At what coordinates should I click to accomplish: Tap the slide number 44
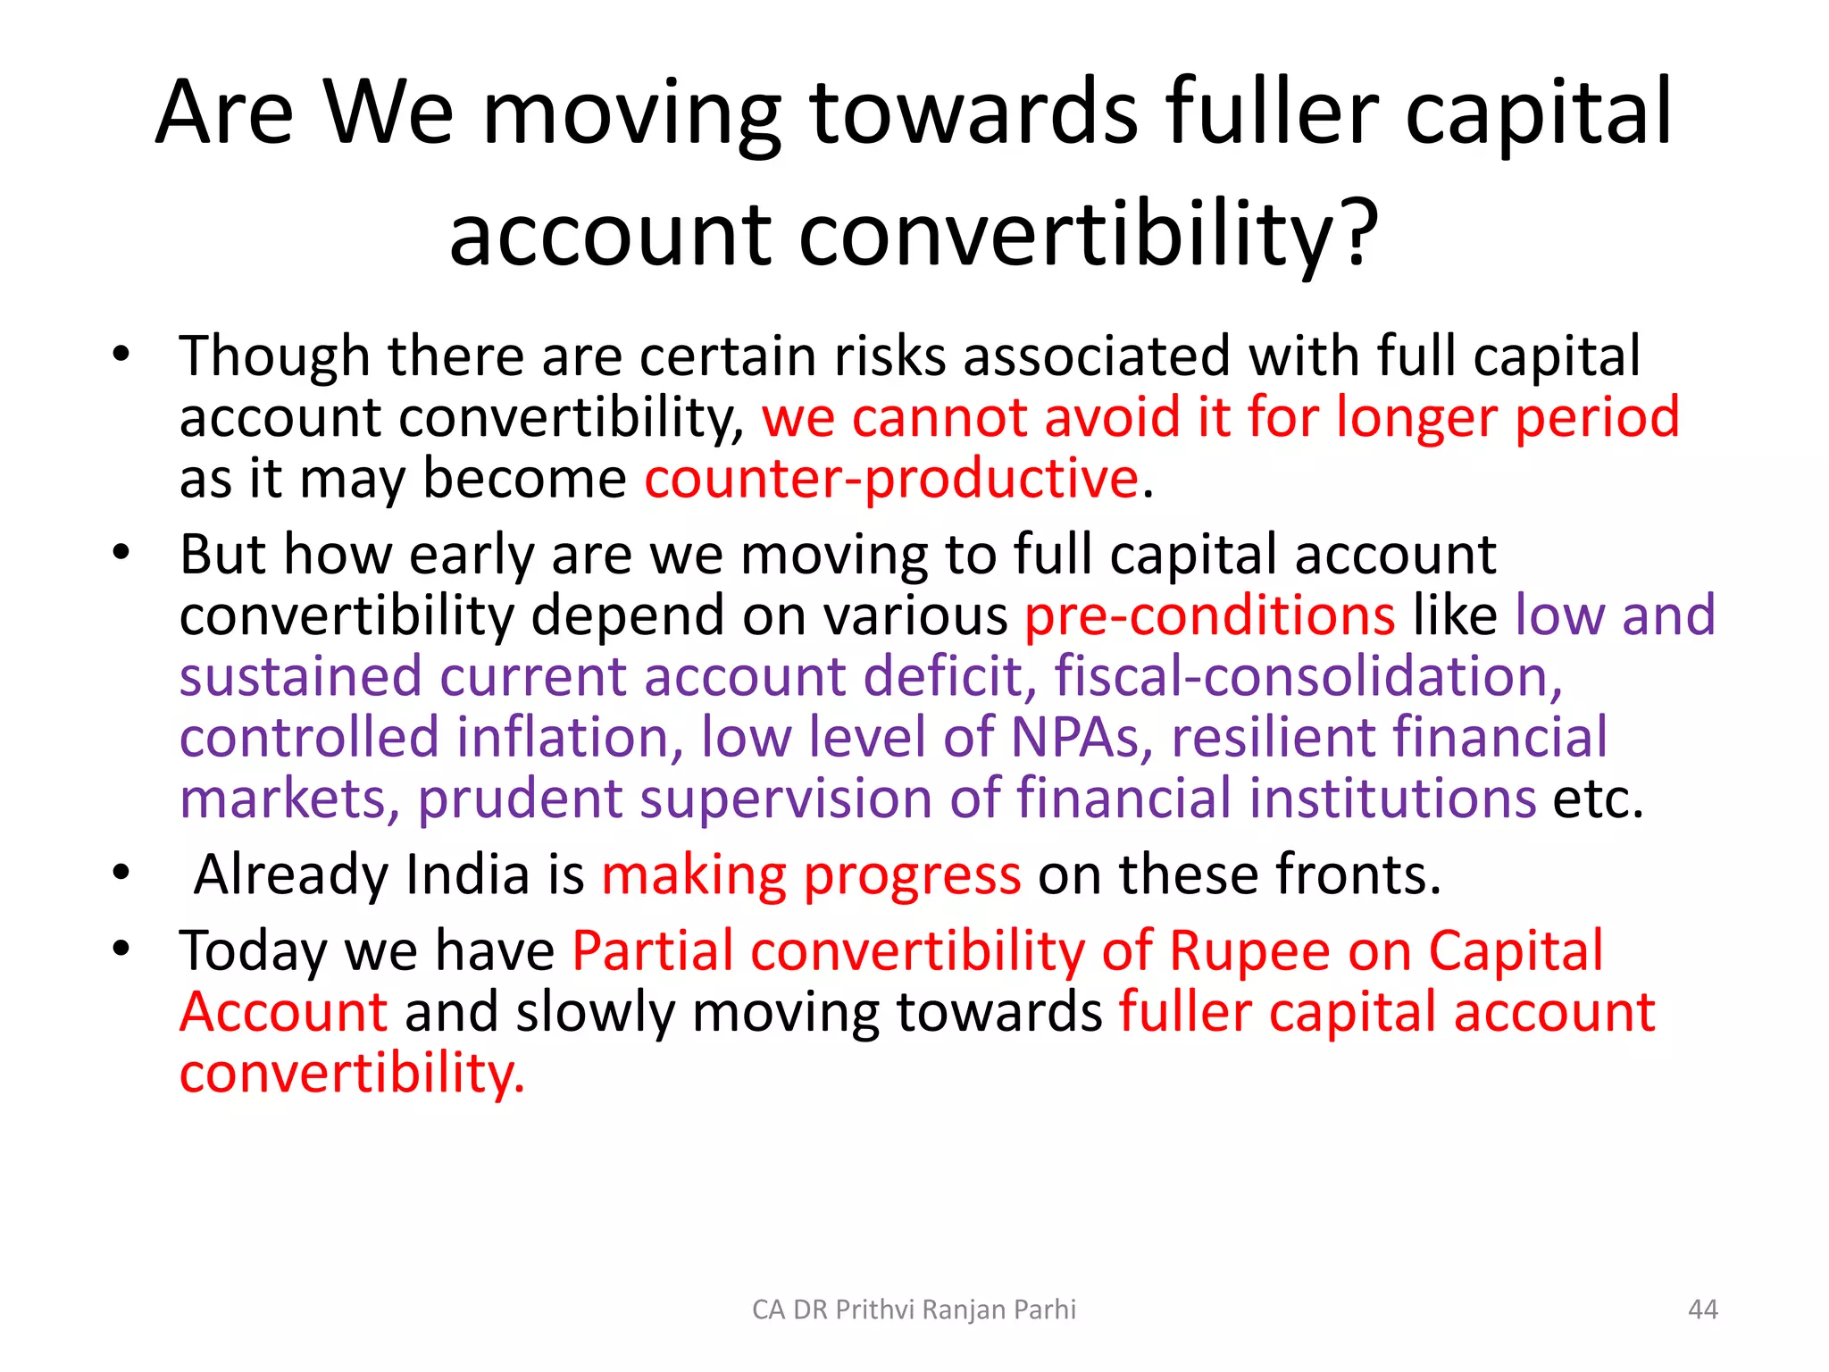point(1702,1309)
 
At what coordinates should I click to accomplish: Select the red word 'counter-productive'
point(891,479)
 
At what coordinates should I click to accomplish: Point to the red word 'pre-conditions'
point(1209,615)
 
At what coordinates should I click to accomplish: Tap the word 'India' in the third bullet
point(467,874)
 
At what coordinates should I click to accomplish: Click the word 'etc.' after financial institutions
point(1598,799)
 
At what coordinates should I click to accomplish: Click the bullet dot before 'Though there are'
point(121,355)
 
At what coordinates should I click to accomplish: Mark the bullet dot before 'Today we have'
point(121,949)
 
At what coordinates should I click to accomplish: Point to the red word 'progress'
point(911,875)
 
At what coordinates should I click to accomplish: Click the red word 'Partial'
point(652,950)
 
